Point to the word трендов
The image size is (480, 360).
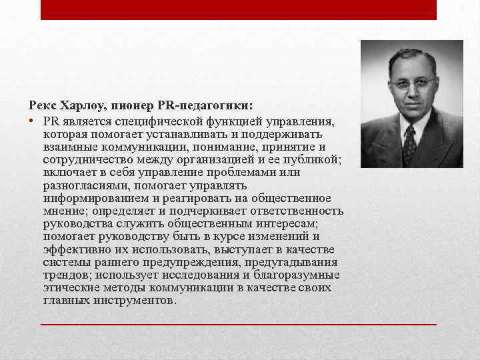(x=67, y=275)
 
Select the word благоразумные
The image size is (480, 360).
(x=295, y=275)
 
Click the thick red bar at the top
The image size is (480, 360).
(x=239, y=9)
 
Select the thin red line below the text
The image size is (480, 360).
(x=239, y=323)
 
